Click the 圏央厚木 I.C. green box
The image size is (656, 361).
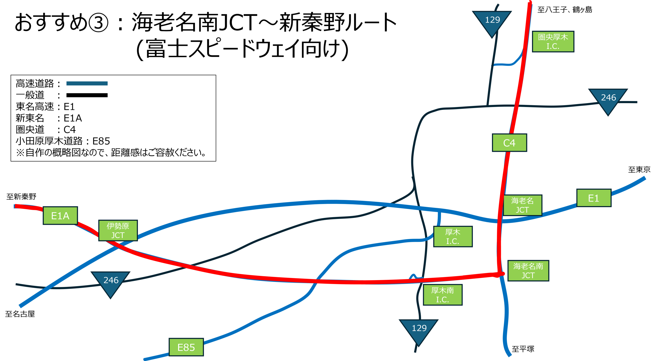(553, 42)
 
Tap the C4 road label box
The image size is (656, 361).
(509, 143)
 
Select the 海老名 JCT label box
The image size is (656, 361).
(522, 205)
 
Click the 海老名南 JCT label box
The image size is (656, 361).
(528, 271)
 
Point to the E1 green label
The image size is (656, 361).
(594, 198)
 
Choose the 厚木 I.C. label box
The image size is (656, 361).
(453, 237)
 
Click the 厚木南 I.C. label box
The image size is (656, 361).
(443, 295)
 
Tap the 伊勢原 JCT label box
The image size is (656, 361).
(118, 231)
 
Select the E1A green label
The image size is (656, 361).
(60, 216)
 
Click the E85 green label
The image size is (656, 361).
(186, 347)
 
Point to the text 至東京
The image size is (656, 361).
(639, 170)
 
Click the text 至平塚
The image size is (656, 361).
(523, 349)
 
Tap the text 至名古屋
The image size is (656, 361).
(20, 314)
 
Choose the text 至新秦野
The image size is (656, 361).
(21, 197)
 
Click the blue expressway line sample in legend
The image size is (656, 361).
(87, 83)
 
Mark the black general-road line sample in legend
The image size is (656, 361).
(87, 95)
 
